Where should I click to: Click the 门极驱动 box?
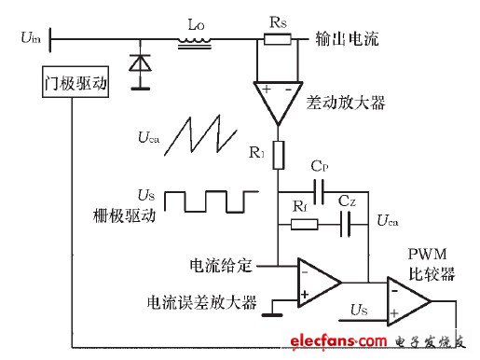click(75, 85)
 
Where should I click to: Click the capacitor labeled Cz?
click(347, 224)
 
